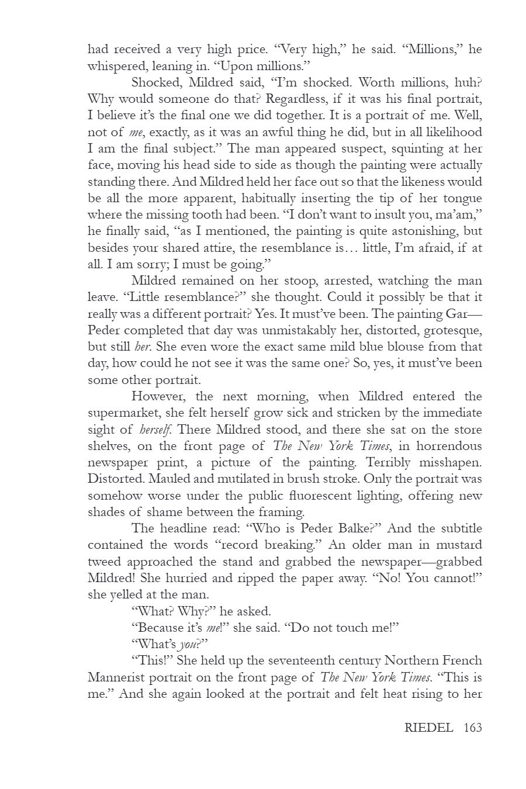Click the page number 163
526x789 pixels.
pyautogui.click(x=472, y=728)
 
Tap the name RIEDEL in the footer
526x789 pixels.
pyautogui.click(x=428, y=728)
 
